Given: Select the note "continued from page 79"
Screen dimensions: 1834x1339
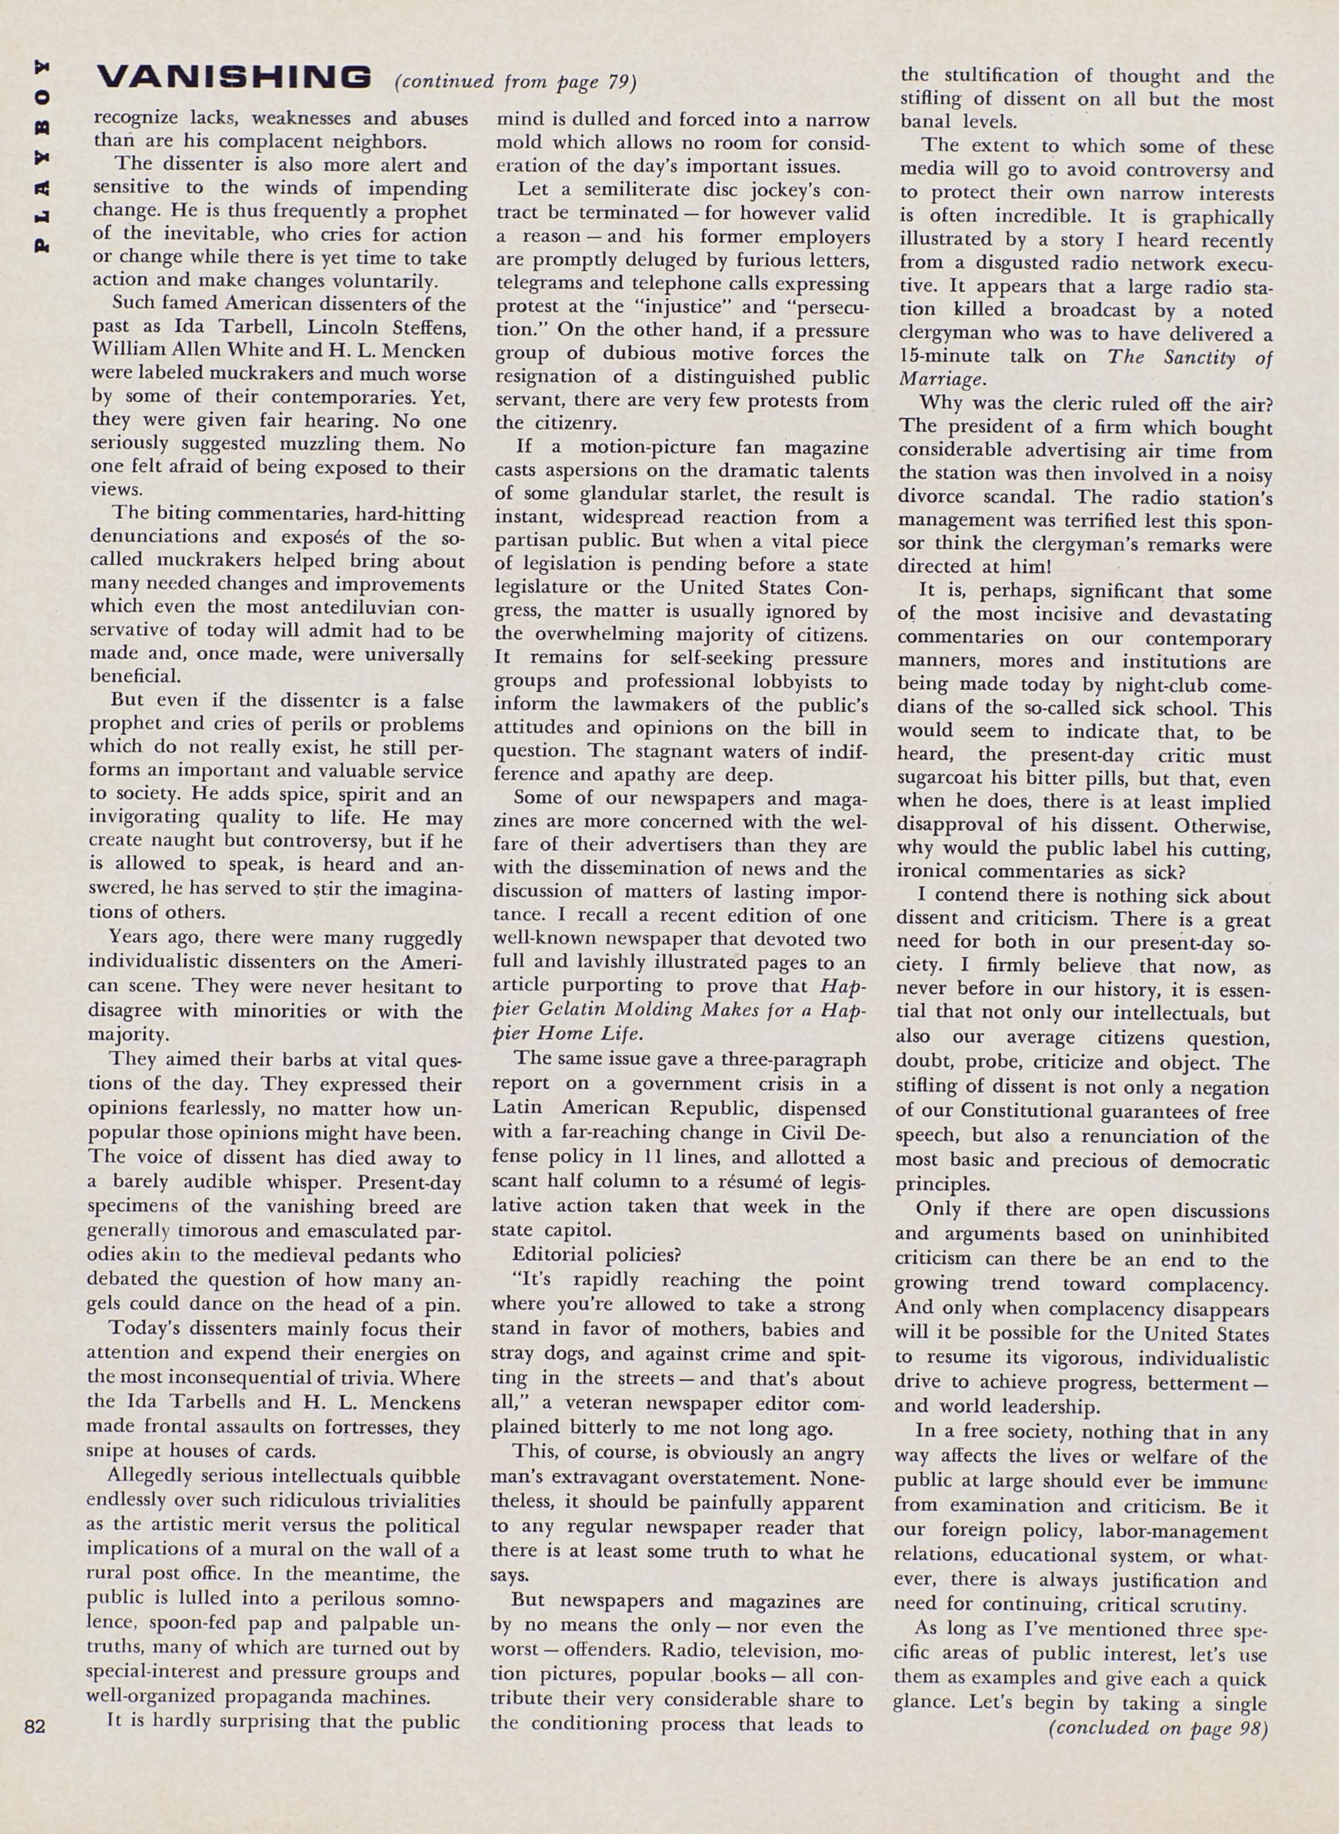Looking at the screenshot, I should click(x=516, y=82).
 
